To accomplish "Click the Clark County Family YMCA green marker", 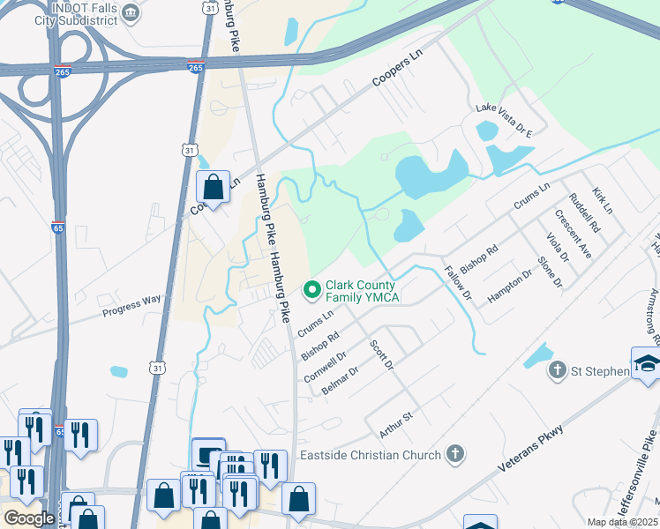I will (x=311, y=289).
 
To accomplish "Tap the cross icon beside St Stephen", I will (x=557, y=370).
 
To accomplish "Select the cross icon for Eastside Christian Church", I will (x=454, y=455).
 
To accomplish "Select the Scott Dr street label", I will (x=381, y=354).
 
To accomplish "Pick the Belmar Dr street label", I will (x=341, y=377).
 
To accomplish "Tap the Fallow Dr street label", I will (x=459, y=281).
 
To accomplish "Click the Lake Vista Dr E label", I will (x=505, y=120).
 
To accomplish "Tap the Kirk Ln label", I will (x=603, y=201).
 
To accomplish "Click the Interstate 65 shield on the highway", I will (x=58, y=227).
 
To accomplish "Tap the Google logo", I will (x=28, y=518).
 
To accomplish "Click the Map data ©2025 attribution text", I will (x=622, y=522).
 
